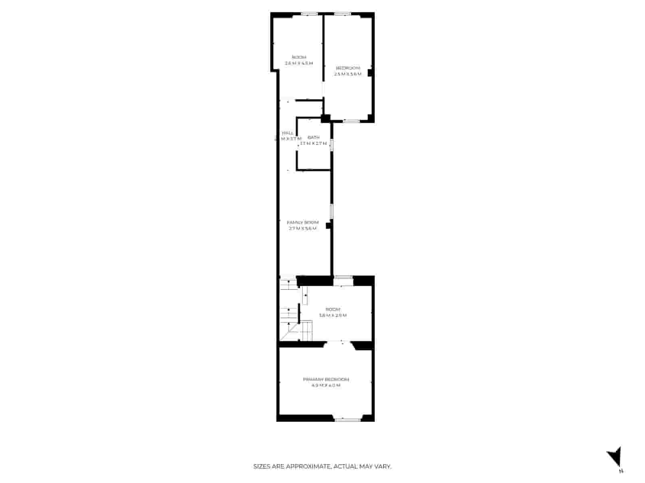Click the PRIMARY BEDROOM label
pyautogui.click(x=326, y=379)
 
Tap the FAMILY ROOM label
pyautogui.click(x=302, y=222)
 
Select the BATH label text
pyautogui.click(x=313, y=137)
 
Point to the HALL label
pyautogui.click(x=288, y=133)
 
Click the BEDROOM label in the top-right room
pyautogui.click(x=347, y=68)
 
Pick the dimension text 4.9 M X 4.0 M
pyautogui.click(x=326, y=386)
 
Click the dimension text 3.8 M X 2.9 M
pyautogui.click(x=333, y=316)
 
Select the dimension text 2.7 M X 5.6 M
pyautogui.click(x=302, y=229)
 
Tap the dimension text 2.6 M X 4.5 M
pyautogui.click(x=299, y=63)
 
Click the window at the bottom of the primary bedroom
pyautogui.click(x=347, y=420)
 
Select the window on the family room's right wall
pyautogui.click(x=332, y=211)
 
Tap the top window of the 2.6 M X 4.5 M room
pyautogui.click(x=310, y=14)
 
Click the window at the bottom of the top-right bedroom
pyautogui.click(x=351, y=121)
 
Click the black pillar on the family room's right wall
pyautogui.click(x=329, y=226)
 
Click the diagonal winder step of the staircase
pyautogui.click(x=289, y=332)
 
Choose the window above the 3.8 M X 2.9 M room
pyautogui.click(x=343, y=277)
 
